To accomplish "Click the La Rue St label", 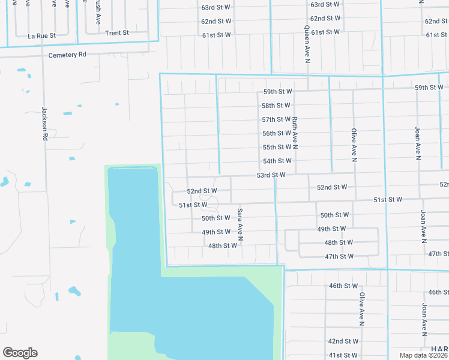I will [41, 36].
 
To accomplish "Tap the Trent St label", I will [117, 33].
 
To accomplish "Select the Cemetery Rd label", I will [68, 55].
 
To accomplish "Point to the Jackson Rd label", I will [44, 124].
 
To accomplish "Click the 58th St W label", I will [276, 106].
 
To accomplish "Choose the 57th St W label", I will [276, 119].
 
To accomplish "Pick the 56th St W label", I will [277, 133].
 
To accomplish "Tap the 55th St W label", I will [277, 147].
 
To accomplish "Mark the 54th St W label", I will [277, 161].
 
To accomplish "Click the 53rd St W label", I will [271, 175].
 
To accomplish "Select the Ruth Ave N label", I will [295, 133].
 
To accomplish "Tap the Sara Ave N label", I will [240, 224].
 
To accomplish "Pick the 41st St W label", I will [343, 356].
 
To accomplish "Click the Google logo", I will [20, 353].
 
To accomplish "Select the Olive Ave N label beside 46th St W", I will [362, 309].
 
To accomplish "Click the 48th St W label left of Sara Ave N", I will [223, 246].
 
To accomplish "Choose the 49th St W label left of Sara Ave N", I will [216, 232].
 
